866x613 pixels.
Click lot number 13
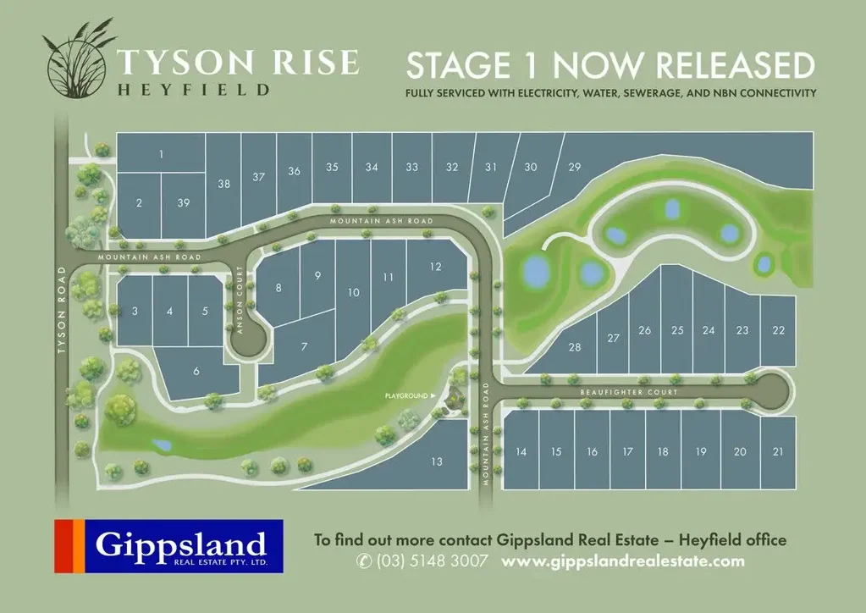[437, 461]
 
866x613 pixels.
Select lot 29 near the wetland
[575, 167]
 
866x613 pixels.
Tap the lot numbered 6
[196, 372]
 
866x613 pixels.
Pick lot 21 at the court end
[778, 452]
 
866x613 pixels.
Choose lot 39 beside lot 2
[184, 202]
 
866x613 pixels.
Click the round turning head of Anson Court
[251, 343]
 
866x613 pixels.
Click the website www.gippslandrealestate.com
[623, 561]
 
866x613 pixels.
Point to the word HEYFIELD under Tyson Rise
[194, 88]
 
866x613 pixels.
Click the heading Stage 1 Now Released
[610, 66]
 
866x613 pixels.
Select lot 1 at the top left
[161, 154]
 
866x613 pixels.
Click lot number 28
[575, 348]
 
